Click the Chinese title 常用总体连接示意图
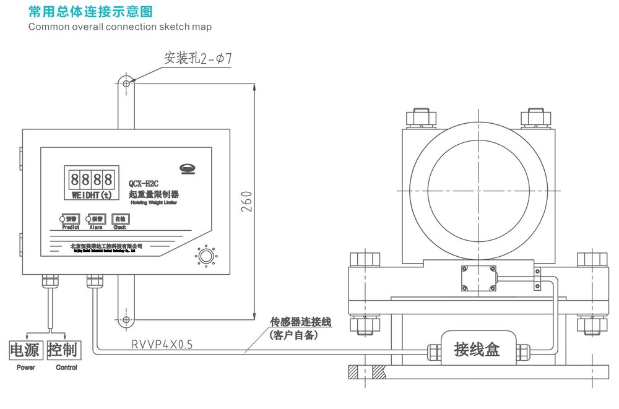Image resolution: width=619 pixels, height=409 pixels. tap(90, 12)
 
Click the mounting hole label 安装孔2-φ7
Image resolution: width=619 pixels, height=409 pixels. tap(197, 58)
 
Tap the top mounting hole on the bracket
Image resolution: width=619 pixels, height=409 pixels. tap(126, 84)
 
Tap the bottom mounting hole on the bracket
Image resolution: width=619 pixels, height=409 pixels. tap(126, 319)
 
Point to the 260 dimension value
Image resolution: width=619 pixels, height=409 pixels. tap(246, 202)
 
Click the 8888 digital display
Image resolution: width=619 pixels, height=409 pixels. tap(91, 181)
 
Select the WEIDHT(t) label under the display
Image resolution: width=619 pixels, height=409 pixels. tap(91, 196)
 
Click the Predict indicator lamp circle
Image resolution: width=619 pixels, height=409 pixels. tap(63, 219)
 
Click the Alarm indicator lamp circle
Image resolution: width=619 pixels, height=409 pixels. tap(89, 219)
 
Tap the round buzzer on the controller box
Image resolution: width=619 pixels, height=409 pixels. tap(206, 255)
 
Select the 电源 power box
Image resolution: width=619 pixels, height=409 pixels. tap(25, 350)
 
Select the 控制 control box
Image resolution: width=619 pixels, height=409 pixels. tap(63, 350)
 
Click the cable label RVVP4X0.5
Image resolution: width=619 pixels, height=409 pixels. tap(162, 345)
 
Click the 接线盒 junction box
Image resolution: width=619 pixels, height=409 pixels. tap(477, 350)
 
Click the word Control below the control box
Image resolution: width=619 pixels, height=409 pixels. tap(66, 368)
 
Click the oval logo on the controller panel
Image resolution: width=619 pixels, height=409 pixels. tap(186, 168)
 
